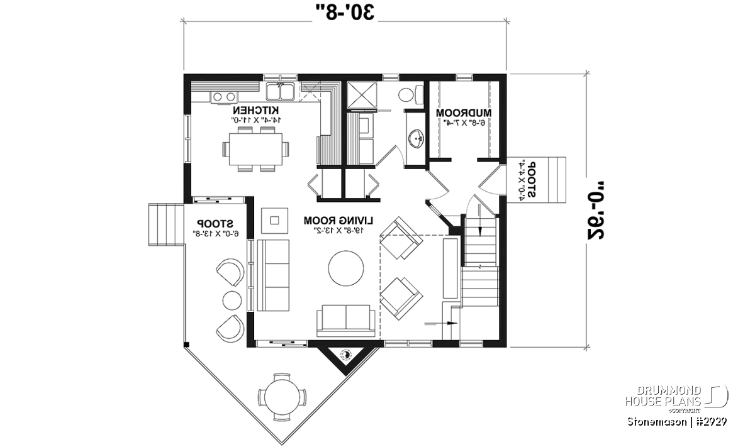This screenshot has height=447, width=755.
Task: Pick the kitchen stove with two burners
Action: tap(224, 96)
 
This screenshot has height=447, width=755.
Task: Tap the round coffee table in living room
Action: tap(345, 268)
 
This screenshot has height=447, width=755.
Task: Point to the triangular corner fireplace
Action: tap(345, 359)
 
